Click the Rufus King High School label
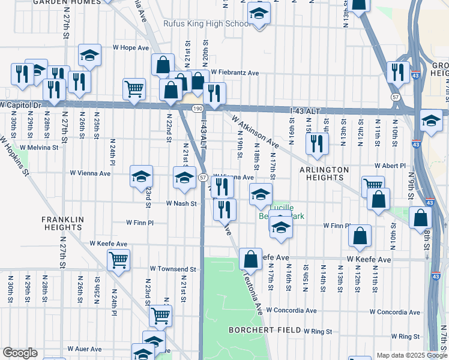pos(207,24)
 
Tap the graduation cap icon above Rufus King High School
pos(259,13)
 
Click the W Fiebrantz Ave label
pos(234,73)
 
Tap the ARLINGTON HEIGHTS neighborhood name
pos(324,175)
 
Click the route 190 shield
pos(197,107)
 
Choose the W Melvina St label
pos(41,146)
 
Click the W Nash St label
pos(181,203)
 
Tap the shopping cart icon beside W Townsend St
pos(119,260)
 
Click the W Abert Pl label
pos(390,165)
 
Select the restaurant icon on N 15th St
pos(316,143)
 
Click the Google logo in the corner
pos(20,353)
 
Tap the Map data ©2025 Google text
pos(412,355)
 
